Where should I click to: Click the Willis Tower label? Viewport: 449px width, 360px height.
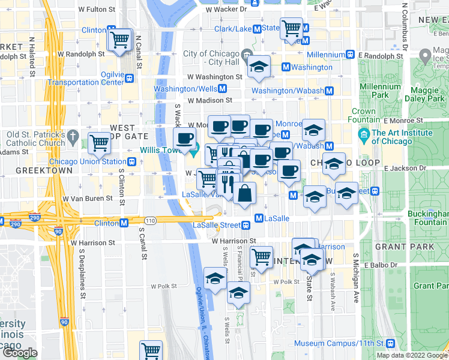point(158,150)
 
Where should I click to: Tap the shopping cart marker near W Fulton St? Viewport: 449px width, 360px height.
point(120,40)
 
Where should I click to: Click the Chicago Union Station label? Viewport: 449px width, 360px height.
point(88,161)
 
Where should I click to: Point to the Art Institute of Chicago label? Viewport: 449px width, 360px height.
point(402,137)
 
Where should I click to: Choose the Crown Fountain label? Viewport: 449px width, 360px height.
point(363,116)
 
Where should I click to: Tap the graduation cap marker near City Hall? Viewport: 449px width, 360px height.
point(259,67)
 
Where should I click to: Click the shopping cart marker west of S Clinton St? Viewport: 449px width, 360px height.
point(99,143)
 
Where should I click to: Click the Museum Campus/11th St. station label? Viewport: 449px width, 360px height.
point(346,343)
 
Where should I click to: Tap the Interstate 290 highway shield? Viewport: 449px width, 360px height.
point(16,224)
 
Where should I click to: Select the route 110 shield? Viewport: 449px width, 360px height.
point(149,221)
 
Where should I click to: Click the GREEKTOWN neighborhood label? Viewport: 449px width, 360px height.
point(35,170)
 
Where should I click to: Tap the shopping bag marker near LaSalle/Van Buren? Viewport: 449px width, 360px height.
point(245,194)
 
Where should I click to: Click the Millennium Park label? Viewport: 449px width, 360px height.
point(380,91)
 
